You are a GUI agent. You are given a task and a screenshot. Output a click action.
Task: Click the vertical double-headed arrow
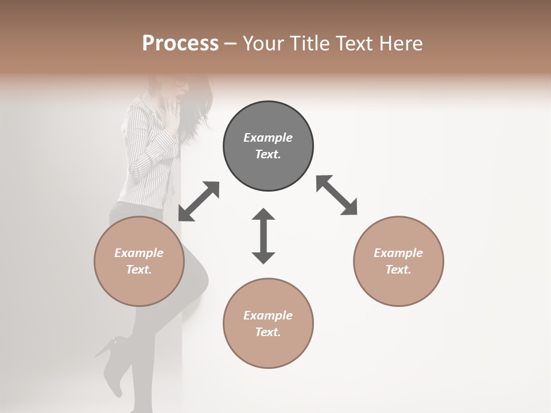263,236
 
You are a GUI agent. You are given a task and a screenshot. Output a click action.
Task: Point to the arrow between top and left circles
199,201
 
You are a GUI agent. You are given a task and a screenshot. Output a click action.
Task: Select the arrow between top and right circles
336,195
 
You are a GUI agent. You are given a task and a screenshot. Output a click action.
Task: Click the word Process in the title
180,43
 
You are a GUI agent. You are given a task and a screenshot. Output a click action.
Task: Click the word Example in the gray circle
268,138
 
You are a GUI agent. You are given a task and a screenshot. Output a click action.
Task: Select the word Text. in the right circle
398,270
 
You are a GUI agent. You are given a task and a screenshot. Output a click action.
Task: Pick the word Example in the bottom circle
268,315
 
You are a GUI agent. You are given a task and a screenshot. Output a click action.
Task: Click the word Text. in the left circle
139,270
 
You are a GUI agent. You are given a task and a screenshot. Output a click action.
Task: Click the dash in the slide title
230,44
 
